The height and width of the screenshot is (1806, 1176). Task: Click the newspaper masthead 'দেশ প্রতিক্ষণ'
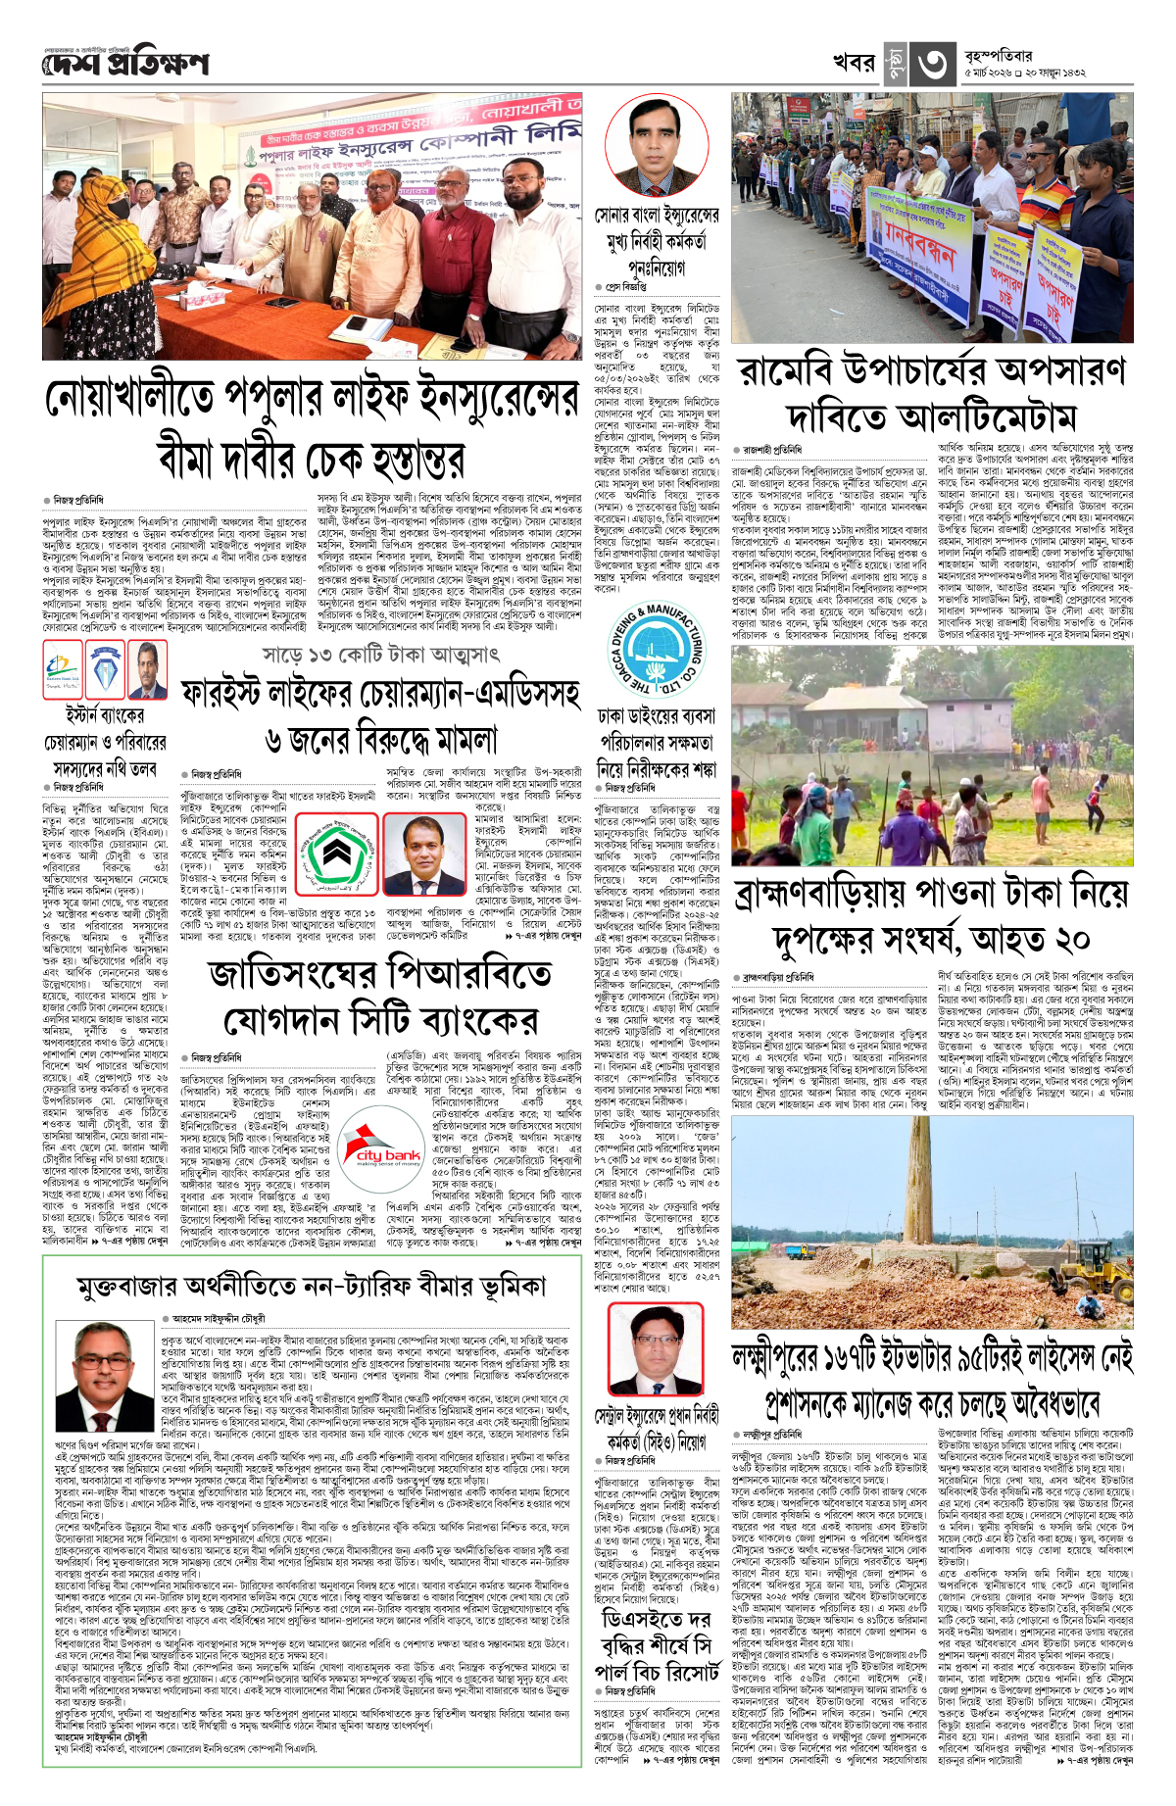click(x=125, y=65)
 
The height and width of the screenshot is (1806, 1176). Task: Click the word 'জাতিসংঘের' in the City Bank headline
click(x=293, y=976)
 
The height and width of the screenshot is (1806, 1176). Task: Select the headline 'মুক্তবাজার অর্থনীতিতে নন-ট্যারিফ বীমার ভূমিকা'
click(x=311, y=1287)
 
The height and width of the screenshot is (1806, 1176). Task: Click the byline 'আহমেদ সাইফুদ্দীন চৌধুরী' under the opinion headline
click(x=219, y=1319)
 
